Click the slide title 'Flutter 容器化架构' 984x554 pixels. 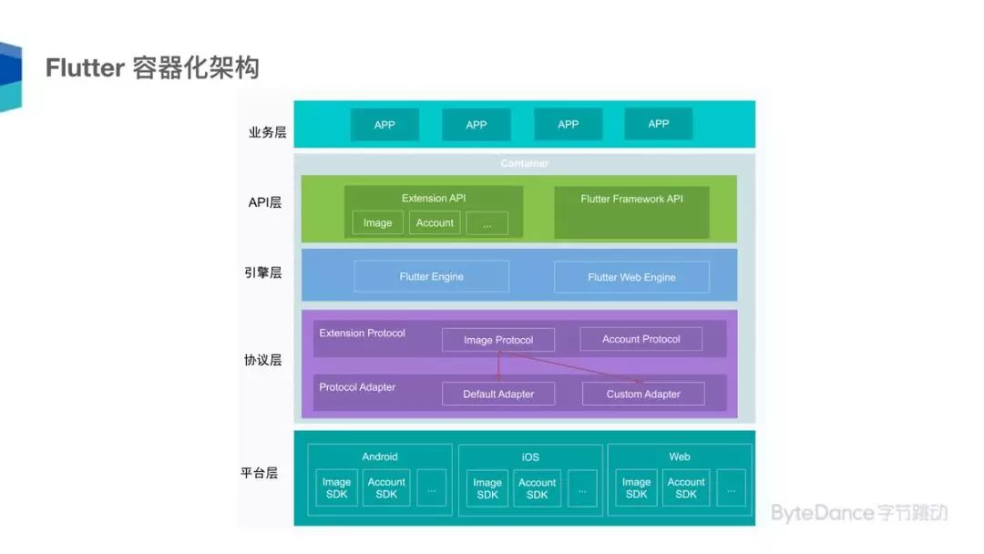coord(152,68)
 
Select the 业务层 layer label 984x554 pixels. coord(267,132)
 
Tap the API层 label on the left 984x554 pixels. coord(265,202)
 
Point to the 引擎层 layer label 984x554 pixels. coord(263,272)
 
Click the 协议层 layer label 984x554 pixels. coord(262,360)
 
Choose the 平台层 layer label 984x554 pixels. coord(260,473)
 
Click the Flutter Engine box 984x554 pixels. coord(431,277)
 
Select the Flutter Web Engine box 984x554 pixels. coord(631,278)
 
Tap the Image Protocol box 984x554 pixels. coord(498,340)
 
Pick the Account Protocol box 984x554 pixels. coord(641,339)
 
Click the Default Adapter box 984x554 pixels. coord(498,394)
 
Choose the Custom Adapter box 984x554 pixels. coord(643,394)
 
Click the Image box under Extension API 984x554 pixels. coord(377,223)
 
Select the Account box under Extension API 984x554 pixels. coord(435,223)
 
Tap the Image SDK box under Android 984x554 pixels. coord(336,488)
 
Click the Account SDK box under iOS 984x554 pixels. coord(537,488)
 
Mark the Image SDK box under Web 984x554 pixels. coord(636,488)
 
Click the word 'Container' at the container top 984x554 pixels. coord(525,164)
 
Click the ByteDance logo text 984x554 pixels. coord(859,513)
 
